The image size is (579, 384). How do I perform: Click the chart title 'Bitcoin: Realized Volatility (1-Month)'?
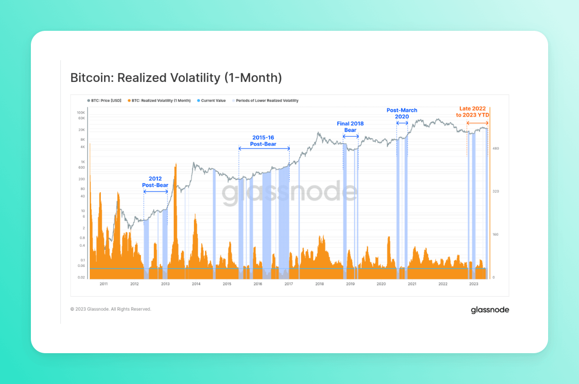[176, 78]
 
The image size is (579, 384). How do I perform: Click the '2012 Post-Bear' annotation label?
[155, 182]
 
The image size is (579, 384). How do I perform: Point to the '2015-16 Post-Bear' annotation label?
[263, 141]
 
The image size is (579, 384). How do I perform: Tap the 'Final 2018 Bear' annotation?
[350, 127]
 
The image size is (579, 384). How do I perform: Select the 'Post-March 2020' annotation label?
[402, 113]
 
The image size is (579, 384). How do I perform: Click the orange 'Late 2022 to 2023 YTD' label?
[472, 112]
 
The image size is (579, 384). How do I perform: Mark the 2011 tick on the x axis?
[103, 284]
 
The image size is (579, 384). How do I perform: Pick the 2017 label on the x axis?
[289, 284]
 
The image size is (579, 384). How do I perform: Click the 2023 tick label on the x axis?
[474, 284]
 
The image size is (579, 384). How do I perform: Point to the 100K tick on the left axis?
[81, 112]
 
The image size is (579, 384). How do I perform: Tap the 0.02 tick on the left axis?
[82, 278]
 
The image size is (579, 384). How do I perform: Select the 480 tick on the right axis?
[496, 148]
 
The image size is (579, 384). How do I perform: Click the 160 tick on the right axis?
[496, 235]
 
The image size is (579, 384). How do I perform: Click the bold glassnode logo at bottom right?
[490, 310]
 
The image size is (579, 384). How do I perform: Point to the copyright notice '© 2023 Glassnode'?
[110, 309]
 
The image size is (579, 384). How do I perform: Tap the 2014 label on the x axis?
[196, 284]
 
